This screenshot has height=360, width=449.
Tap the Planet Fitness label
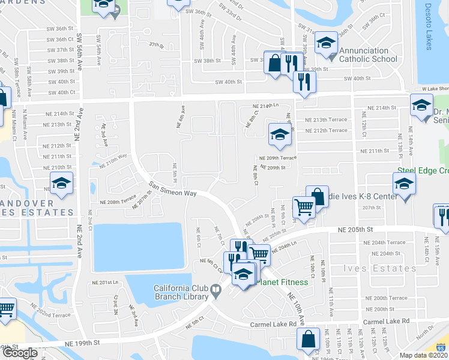tap(282, 283)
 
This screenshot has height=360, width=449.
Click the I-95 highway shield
tap(442, 348)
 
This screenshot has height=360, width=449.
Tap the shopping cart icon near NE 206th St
tap(304, 208)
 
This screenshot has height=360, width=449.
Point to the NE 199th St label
tap(81, 342)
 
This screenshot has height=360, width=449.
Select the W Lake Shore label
tap(435, 89)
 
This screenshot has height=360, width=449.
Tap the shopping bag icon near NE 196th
tap(308, 338)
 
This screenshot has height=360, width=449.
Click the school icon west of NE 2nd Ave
tap(61, 183)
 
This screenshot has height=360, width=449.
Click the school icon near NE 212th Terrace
tap(279, 135)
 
